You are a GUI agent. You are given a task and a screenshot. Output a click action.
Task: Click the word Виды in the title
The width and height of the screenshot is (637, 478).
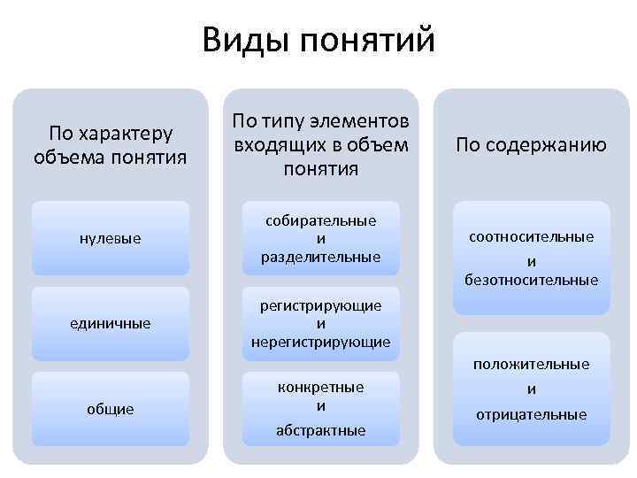pyautogui.click(x=247, y=41)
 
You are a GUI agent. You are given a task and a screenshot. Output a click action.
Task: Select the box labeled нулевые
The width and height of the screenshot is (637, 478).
pyautogui.click(x=111, y=239)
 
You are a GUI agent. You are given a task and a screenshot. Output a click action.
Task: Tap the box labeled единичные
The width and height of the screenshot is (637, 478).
pyautogui.click(x=111, y=324)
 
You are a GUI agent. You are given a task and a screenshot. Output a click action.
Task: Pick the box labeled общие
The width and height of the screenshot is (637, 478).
pyautogui.click(x=111, y=409)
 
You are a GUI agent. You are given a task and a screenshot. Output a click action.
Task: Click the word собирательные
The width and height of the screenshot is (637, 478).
pyautogui.click(x=320, y=220)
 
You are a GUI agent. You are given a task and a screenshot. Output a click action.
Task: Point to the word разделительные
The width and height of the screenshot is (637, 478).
pyautogui.click(x=320, y=257)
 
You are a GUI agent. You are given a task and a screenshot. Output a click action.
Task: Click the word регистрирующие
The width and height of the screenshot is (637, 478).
pyautogui.click(x=320, y=305)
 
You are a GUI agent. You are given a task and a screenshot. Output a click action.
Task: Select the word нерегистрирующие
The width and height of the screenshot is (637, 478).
pyautogui.click(x=320, y=342)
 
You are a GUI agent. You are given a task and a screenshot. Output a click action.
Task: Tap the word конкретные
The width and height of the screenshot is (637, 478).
pyautogui.click(x=320, y=388)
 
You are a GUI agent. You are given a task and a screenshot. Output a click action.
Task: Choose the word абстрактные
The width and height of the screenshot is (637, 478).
pyautogui.click(x=320, y=430)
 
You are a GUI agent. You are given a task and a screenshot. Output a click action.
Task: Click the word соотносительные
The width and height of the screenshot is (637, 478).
pyautogui.click(x=532, y=237)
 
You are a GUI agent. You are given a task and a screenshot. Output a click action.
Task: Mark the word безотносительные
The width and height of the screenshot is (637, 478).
pyautogui.click(x=532, y=281)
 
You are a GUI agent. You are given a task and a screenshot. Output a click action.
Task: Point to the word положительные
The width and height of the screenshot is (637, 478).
pyautogui.click(x=532, y=364)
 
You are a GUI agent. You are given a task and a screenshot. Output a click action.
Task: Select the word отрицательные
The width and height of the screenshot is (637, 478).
pyautogui.click(x=532, y=414)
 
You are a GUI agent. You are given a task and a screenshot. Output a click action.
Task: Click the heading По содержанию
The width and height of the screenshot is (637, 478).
pyautogui.click(x=532, y=145)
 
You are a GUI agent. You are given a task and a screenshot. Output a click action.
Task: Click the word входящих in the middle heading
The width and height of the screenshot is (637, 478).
pyautogui.click(x=272, y=143)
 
